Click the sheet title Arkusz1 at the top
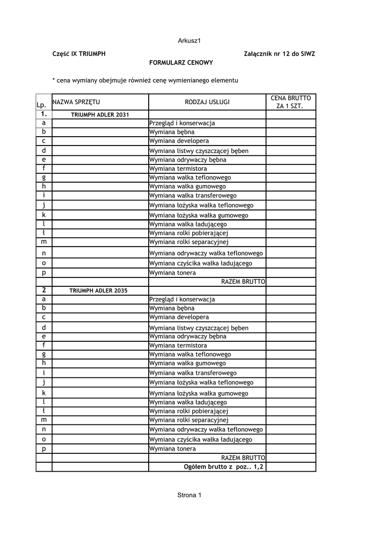coord(189,41)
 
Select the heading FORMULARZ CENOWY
coord(181,63)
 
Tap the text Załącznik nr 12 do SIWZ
coord(280,54)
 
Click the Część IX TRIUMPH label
coord(79,54)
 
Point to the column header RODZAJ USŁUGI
coord(207,102)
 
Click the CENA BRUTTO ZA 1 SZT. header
coord(291,102)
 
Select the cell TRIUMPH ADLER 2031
coord(99,114)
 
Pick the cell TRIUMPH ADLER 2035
coord(99,290)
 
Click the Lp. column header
coord(41,106)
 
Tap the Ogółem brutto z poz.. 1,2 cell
coord(223,466)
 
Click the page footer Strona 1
coord(189,496)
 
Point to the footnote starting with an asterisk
coord(146,81)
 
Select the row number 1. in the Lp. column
coord(43,114)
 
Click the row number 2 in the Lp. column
coord(43,289)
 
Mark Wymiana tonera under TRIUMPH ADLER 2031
coord(173,273)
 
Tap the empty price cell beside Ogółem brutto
coord(291,466)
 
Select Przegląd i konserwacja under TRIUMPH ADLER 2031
coord(182,123)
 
